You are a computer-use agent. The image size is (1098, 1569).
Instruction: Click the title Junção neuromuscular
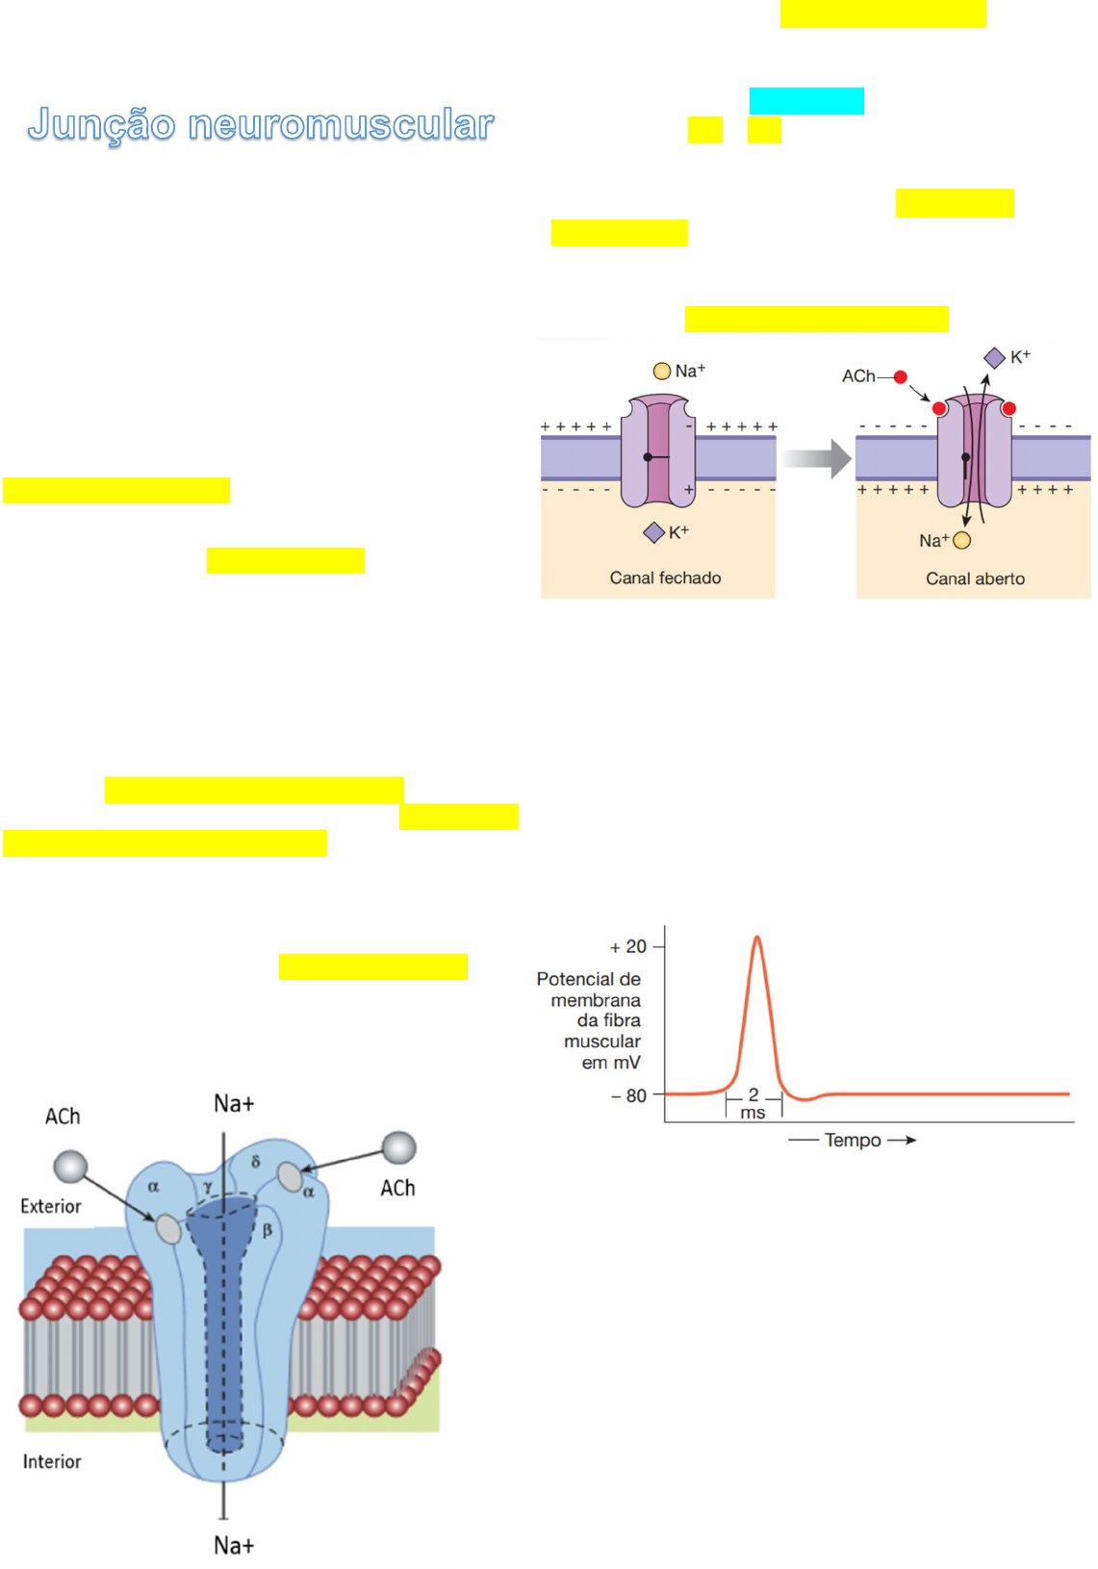click(261, 124)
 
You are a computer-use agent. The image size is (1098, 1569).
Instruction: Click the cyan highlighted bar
click(806, 101)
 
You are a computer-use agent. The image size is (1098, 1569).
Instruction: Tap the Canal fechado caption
click(665, 578)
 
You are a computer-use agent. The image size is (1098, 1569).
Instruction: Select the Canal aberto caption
click(975, 579)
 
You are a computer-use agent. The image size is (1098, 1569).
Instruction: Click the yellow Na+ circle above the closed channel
click(662, 371)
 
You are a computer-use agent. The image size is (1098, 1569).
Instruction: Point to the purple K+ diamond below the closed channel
click(654, 532)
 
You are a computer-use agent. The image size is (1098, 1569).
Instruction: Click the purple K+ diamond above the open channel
click(994, 358)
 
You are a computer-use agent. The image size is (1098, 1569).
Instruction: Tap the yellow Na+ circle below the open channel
click(961, 540)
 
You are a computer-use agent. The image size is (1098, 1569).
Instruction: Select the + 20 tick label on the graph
click(628, 947)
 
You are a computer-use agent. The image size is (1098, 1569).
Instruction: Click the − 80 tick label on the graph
click(629, 1095)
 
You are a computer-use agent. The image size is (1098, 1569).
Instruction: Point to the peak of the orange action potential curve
click(757, 938)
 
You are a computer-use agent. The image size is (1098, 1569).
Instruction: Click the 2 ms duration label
click(753, 1103)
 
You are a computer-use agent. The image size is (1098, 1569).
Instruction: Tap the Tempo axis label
click(853, 1140)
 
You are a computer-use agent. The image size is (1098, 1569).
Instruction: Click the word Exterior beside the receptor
click(51, 1206)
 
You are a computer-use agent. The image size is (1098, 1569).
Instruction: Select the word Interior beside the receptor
click(52, 1461)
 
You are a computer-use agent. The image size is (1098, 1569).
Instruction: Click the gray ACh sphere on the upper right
click(398, 1147)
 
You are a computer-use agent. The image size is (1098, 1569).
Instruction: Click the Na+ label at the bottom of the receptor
click(234, 1545)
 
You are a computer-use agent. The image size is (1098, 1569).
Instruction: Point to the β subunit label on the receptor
click(267, 1229)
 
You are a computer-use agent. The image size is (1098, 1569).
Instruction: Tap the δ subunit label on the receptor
click(255, 1162)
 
